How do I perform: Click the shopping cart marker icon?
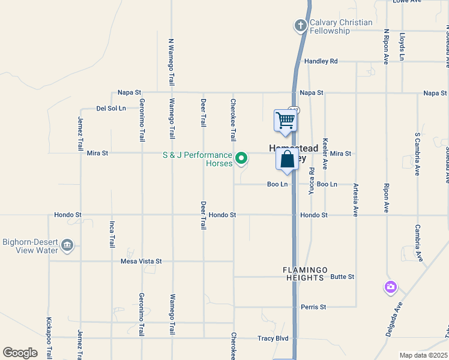[285, 120]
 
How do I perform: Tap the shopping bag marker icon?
[287, 159]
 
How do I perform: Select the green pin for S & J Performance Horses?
[241, 158]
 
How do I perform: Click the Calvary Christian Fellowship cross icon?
[300, 26]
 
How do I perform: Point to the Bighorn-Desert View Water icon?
[67, 245]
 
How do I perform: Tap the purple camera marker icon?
[391, 287]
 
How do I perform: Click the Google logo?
[20, 353]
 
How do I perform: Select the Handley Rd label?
[321, 61]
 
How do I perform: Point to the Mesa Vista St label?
[141, 262]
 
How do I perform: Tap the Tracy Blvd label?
[273, 338]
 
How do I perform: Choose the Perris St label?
[314, 307]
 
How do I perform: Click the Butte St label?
[342, 277]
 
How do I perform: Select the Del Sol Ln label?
[111, 109]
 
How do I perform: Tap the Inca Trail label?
[112, 234]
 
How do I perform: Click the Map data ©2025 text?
[423, 355]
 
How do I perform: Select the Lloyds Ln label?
[402, 46]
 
